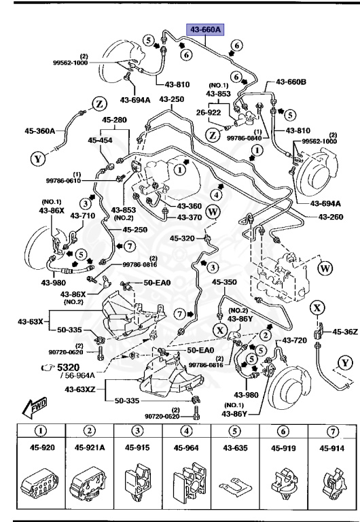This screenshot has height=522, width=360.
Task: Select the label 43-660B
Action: point(292,84)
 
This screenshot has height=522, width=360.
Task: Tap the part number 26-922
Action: point(211,113)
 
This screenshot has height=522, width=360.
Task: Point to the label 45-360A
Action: point(41,131)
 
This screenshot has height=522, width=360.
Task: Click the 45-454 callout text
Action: point(101,140)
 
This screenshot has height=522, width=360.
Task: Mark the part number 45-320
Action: point(183,239)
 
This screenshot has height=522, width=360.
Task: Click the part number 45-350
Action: point(225,283)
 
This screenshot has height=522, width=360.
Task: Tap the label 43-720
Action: point(296,340)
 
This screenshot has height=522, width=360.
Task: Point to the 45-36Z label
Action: point(344,331)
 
